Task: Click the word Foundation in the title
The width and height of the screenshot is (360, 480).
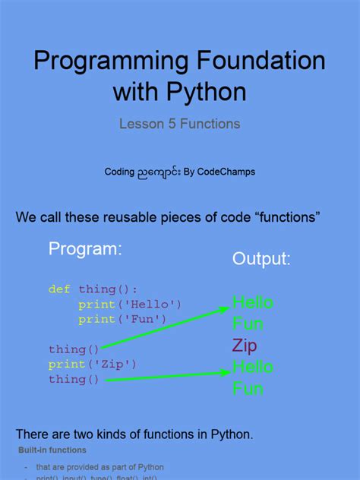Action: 245,61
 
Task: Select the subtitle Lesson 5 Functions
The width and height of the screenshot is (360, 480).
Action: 180,123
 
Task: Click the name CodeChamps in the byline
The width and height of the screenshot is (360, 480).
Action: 226,172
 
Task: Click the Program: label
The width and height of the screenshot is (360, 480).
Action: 85,249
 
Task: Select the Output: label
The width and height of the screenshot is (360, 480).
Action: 261,259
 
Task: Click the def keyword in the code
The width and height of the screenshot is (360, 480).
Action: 59,289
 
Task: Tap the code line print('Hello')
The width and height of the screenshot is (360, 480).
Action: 130,305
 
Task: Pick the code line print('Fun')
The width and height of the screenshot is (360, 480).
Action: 122,319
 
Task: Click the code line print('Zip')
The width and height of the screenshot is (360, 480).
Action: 93,365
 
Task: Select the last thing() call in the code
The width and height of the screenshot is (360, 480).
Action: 74,379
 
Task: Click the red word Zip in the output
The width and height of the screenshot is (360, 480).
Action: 245,346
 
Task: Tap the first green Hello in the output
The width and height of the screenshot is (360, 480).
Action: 253,303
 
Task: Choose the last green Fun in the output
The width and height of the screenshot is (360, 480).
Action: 248,389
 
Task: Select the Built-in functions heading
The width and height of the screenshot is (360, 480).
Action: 52,450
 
